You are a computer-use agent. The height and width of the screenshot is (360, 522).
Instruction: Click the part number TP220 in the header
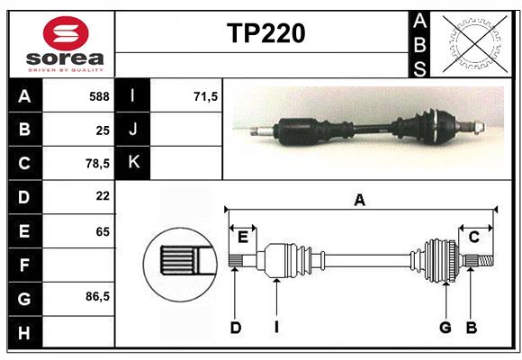pos(265,33)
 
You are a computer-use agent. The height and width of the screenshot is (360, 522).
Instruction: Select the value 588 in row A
pos(99,96)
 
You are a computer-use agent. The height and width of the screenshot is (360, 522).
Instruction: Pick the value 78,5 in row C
pos(97,164)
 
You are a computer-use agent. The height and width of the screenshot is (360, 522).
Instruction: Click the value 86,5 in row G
pos(97,296)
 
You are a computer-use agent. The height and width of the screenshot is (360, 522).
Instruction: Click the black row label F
pos(23,265)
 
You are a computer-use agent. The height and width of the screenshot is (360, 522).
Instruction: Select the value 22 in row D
pos(102,196)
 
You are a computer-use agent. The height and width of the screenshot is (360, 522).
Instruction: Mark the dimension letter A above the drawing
pos(359,201)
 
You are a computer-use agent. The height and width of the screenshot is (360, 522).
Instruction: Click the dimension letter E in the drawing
pos(243,237)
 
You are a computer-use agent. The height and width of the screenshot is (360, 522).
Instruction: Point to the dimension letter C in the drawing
pos(473,237)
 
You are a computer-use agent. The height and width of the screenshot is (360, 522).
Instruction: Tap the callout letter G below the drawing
pos(445,328)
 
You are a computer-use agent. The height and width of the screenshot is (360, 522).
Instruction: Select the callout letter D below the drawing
pos(235,328)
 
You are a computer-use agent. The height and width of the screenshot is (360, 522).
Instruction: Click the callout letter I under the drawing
pos(275,328)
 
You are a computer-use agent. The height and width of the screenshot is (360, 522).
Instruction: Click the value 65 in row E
pos(102,230)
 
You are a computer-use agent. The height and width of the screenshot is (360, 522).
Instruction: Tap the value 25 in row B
pos(102,130)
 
